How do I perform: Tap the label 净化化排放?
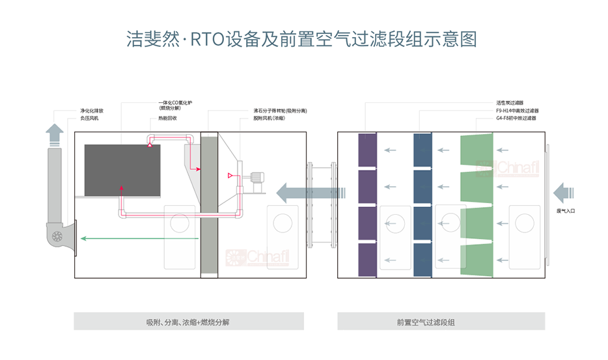[91, 111]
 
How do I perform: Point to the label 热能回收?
[167, 119]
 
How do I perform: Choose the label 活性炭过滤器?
[510, 103]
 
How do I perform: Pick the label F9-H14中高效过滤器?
[517, 111]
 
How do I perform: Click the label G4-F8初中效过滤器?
[516, 118]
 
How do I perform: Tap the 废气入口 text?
[566, 211]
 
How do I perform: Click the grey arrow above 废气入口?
[564, 193]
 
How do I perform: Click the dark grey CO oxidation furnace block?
[122, 171]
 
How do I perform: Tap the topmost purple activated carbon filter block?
[367, 149]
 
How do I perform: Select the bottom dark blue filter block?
[422, 261]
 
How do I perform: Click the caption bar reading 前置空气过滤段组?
[441, 322]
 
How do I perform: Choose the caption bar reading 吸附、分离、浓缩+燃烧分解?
[188, 322]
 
